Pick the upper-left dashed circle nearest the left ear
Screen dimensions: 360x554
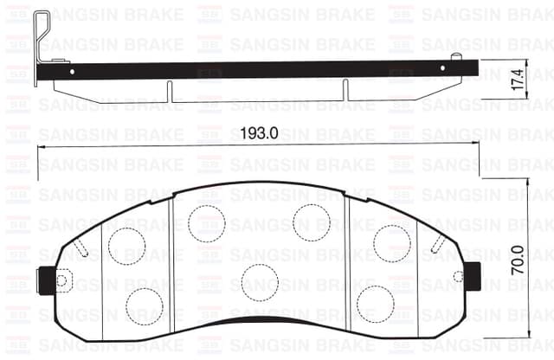click(126, 245)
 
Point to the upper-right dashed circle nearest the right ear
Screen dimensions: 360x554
click(392, 242)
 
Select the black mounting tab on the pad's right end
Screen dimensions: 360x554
click(473, 276)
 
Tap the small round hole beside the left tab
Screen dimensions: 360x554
click(62, 279)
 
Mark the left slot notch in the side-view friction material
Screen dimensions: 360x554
click(171, 91)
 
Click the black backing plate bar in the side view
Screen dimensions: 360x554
click(260, 69)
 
